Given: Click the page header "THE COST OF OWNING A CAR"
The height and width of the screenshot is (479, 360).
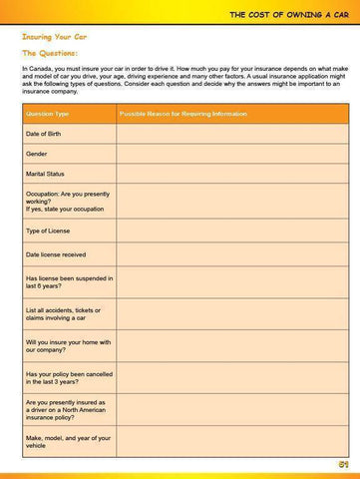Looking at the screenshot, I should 287,13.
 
